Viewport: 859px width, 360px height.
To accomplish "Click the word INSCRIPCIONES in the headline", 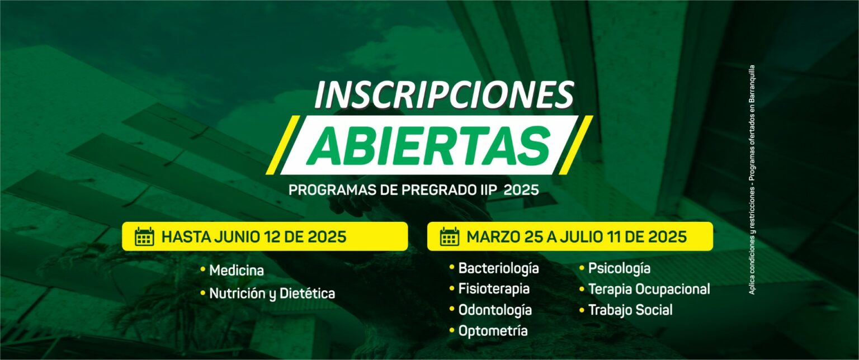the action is coord(444,94).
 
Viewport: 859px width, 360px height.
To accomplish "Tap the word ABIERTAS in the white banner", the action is coord(429,145).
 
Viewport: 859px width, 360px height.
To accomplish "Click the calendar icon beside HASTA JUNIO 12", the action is coord(145,236).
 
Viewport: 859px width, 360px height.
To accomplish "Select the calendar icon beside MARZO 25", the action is coord(450,236).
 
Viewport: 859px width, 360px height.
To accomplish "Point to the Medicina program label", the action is coord(237,271).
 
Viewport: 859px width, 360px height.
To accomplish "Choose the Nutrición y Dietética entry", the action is coord(272,293).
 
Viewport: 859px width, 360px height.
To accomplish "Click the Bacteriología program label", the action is coord(498,268).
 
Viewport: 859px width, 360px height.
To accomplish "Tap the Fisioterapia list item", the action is coord(494,289).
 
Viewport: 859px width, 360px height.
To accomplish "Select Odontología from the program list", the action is coord(495,310).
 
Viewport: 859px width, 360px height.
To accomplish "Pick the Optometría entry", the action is coord(493,331).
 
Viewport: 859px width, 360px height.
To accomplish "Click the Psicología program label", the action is coord(619,268).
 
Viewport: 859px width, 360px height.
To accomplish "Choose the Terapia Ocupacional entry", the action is coord(649,289).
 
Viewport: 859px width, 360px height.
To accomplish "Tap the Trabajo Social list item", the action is coord(630,310).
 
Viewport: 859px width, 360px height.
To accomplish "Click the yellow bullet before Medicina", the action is coord(203,269).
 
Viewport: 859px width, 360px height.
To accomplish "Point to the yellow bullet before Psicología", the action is coord(582,267).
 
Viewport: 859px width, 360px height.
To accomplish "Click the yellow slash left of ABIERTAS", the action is coord(282,145).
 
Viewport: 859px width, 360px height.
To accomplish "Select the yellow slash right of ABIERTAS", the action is coord(576,145).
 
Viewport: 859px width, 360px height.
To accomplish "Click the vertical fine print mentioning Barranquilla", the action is coord(752,180).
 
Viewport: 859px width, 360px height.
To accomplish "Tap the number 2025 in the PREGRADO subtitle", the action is coord(521,190).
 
